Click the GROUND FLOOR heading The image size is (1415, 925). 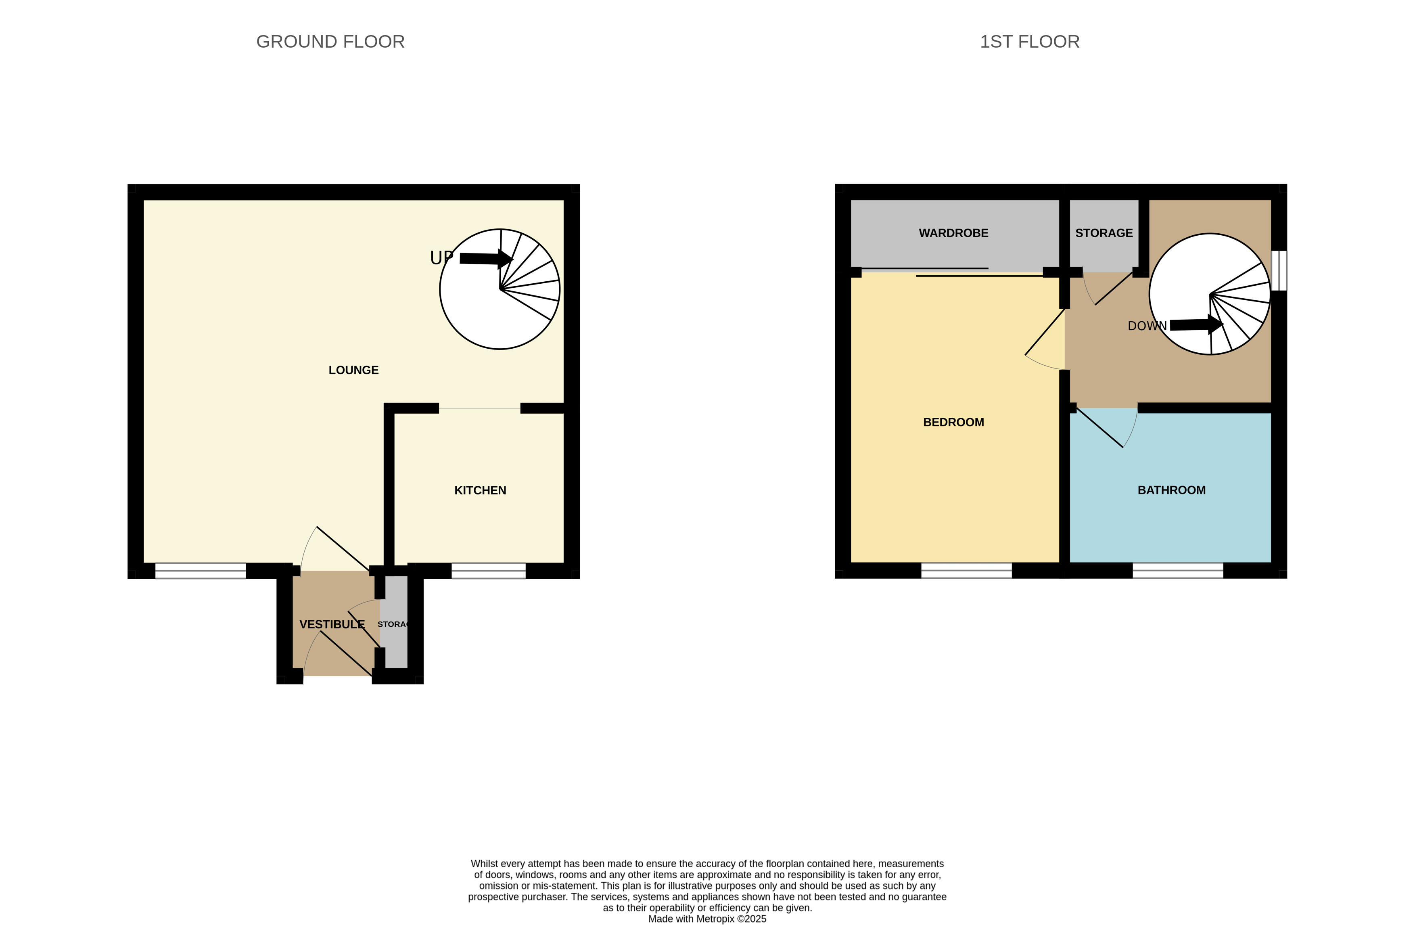pos(330,42)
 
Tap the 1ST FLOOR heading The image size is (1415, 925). pos(1029,42)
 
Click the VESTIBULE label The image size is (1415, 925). pos(332,624)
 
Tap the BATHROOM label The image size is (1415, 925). pos(1171,490)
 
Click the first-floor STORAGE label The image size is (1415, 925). pos(1104,233)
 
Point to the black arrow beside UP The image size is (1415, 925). pos(486,259)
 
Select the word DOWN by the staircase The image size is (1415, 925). pos(1147,326)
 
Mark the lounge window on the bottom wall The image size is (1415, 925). pos(201,571)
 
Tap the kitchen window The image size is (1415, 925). pos(488,571)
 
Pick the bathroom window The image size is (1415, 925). pos(1178,571)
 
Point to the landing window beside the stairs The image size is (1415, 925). pos(1279,271)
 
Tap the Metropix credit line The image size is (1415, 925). pos(707,919)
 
